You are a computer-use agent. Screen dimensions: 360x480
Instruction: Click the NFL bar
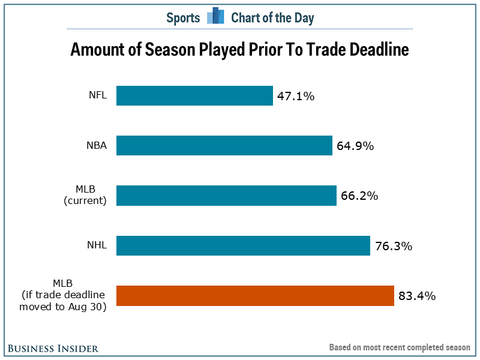(x=194, y=96)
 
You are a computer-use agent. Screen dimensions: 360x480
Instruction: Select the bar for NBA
(x=224, y=146)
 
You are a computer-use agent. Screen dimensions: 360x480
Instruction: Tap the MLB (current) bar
(x=226, y=196)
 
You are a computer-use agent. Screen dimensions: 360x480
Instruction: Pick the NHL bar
(x=243, y=246)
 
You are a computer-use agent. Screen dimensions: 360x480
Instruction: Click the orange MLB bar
(x=255, y=296)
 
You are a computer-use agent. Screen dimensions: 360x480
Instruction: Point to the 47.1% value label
(x=295, y=96)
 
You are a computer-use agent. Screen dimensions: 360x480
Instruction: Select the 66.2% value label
(x=358, y=196)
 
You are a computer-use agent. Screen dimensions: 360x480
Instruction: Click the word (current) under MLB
(x=85, y=201)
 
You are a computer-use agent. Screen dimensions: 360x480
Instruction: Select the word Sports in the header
(x=183, y=17)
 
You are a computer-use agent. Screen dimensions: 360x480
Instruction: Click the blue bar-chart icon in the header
(x=215, y=17)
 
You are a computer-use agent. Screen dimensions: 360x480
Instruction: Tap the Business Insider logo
(x=53, y=348)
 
